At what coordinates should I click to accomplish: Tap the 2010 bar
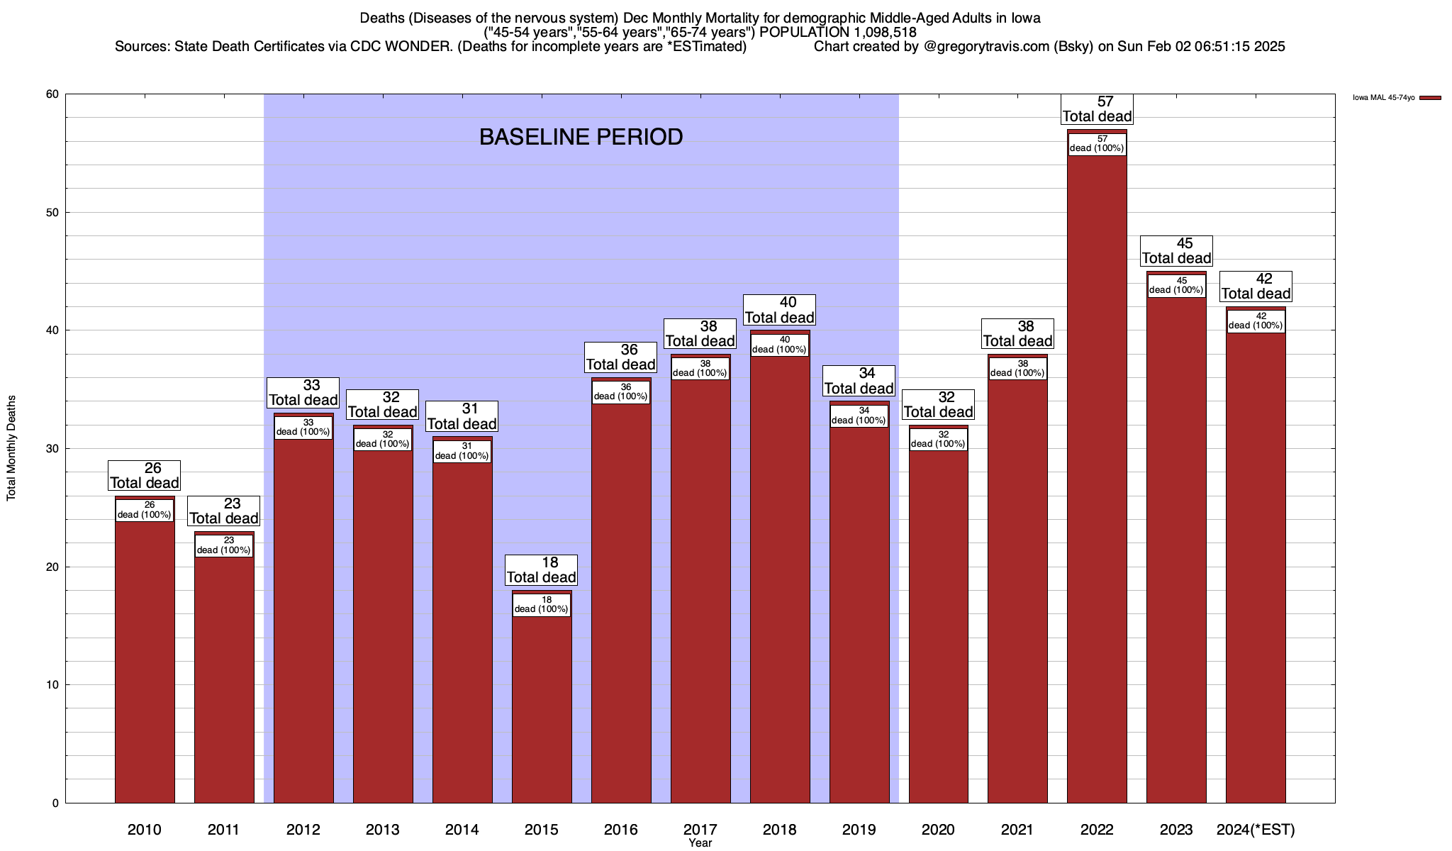click(x=145, y=660)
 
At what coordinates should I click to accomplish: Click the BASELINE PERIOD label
click(x=581, y=137)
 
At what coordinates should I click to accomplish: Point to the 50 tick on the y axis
click(x=53, y=213)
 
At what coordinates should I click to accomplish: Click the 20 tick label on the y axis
click(x=53, y=567)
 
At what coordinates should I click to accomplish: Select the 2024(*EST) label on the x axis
click(x=1256, y=830)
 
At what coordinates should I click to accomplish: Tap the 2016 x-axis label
click(x=620, y=830)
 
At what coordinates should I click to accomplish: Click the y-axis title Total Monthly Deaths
click(x=11, y=448)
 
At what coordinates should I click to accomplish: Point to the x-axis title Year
click(x=700, y=843)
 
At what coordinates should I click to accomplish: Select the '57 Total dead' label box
click(x=1097, y=109)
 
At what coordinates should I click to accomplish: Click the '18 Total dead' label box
click(x=542, y=570)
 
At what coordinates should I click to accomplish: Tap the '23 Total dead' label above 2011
click(x=224, y=511)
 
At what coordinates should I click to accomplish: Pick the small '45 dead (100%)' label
click(x=1176, y=285)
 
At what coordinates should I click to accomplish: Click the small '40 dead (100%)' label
click(x=779, y=345)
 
